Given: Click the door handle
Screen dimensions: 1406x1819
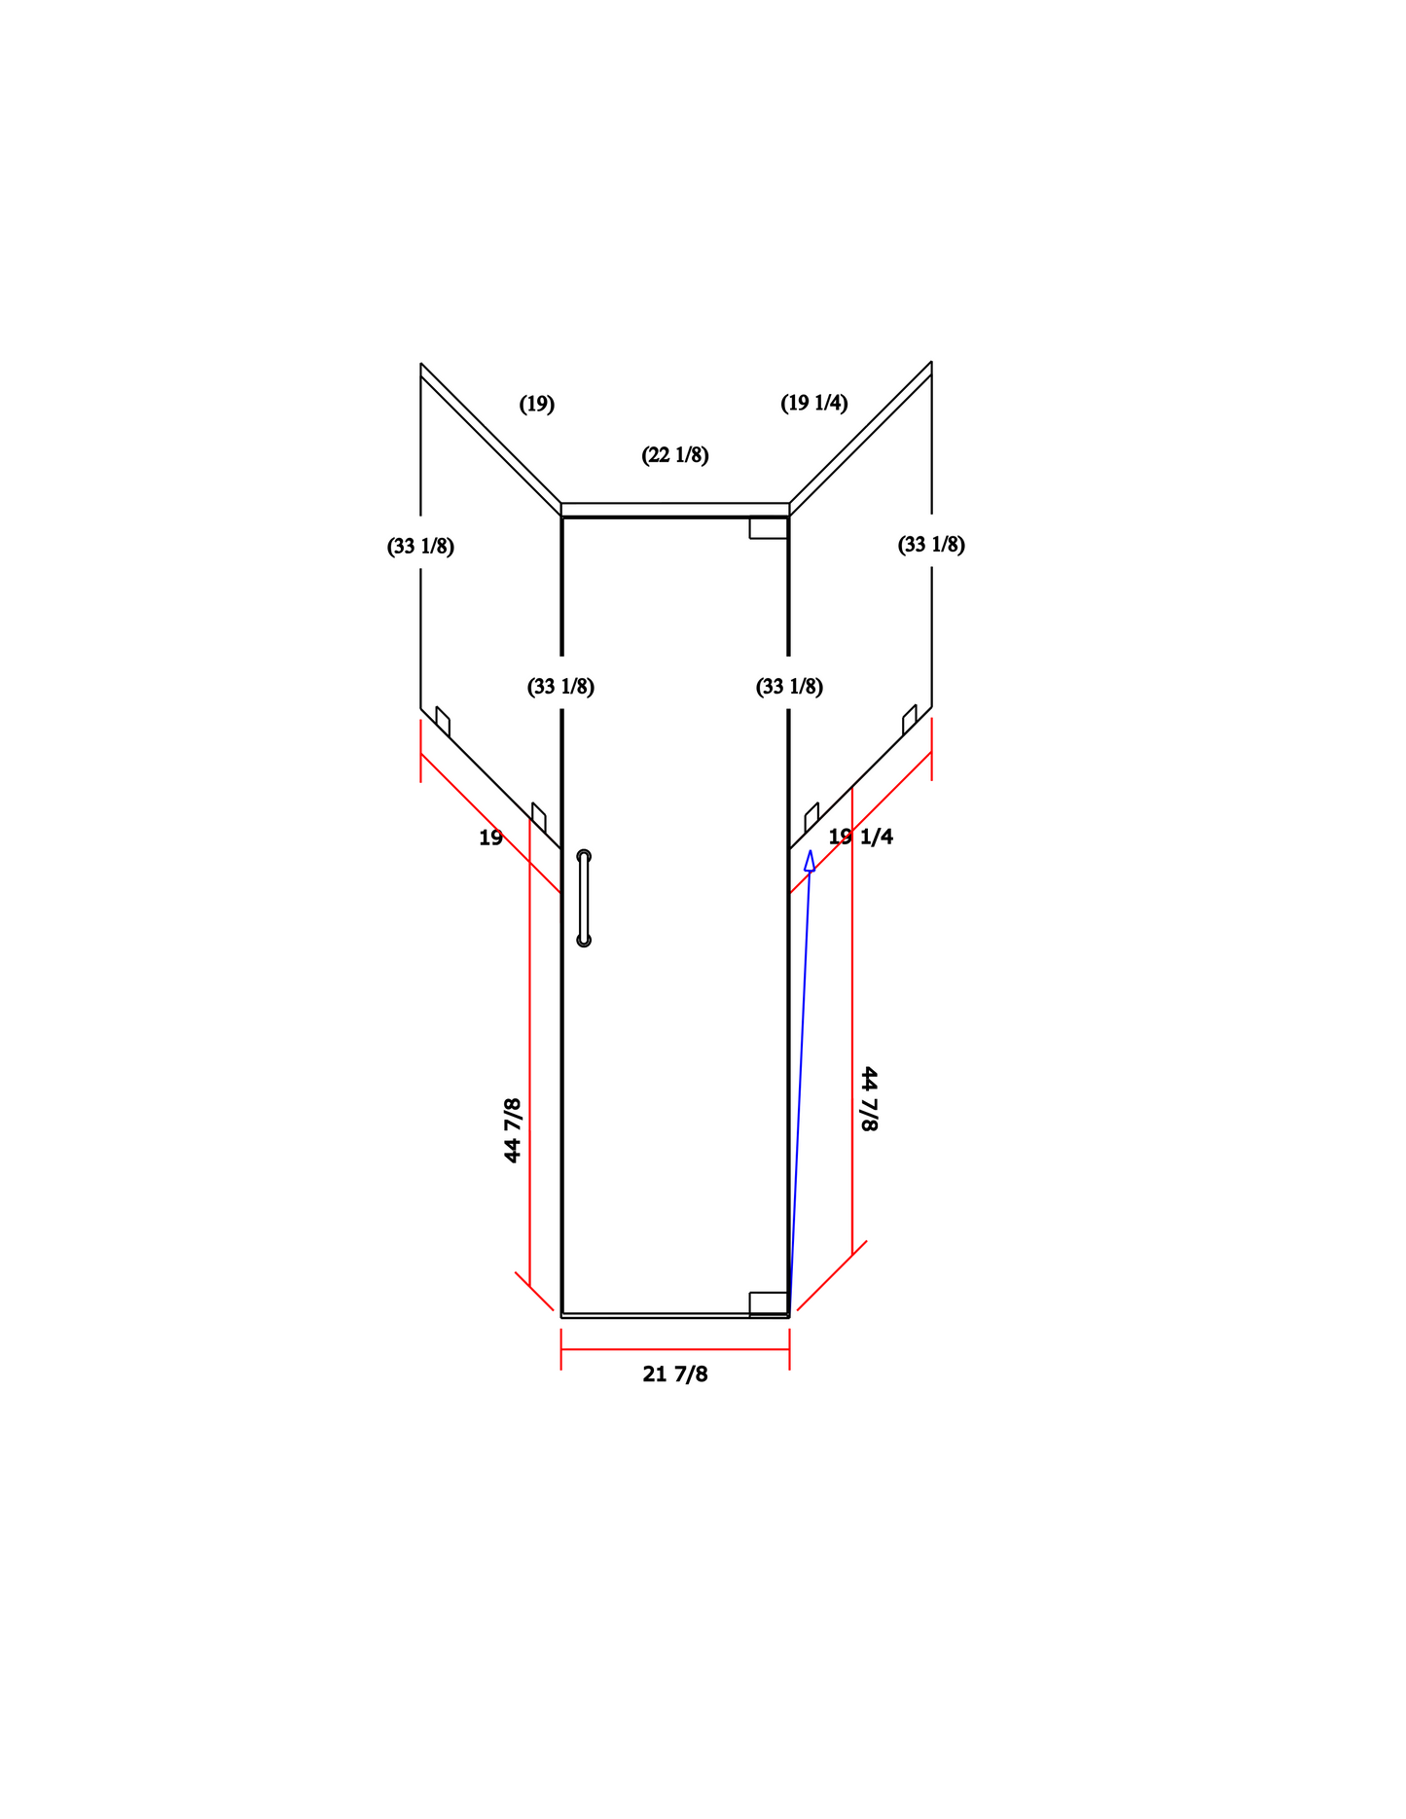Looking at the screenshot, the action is point(584,898).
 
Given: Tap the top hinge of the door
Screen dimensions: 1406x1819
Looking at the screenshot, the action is point(769,527).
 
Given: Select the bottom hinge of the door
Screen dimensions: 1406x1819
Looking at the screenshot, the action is point(769,1303).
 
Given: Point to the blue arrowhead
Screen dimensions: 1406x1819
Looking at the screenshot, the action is point(810,861).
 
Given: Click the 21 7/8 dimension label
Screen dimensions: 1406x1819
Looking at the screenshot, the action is point(675,1374).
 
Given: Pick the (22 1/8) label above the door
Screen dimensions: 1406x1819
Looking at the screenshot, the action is point(675,454).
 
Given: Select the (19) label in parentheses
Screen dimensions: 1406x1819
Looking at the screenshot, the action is point(537,404).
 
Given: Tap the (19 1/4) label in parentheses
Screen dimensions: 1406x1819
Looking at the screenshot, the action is point(814,403).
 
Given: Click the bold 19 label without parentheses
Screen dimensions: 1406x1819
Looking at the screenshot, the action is point(490,838).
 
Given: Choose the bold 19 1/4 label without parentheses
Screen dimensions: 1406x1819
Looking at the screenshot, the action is point(861,837).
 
